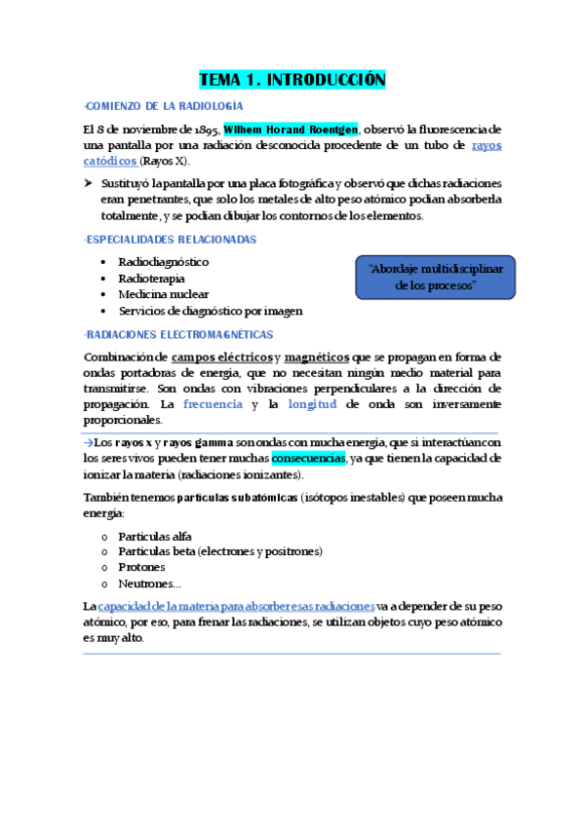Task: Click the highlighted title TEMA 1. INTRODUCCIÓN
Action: click(x=292, y=80)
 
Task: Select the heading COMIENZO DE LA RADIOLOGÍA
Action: click(x=165, y=106)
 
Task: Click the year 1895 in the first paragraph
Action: click(x=203, y=129)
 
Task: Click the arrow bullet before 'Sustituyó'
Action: click(x=89, y=184)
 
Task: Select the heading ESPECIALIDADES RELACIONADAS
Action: click(x=172, y=239)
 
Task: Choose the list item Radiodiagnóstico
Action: click(x=163, y=262)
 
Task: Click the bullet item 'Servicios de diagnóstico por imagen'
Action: click(x=210, y=311)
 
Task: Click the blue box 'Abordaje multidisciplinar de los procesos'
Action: click(x=435, y=277)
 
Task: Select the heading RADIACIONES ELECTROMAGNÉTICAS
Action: click(x=180, y=334)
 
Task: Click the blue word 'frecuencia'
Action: click(x=214, y=403)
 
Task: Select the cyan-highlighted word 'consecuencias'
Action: click(x=308, y=458)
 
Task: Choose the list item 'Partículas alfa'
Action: click(x=154, y=536)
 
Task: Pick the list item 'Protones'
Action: click(x=141, y=567)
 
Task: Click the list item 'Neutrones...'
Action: click(x=148, y=582)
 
